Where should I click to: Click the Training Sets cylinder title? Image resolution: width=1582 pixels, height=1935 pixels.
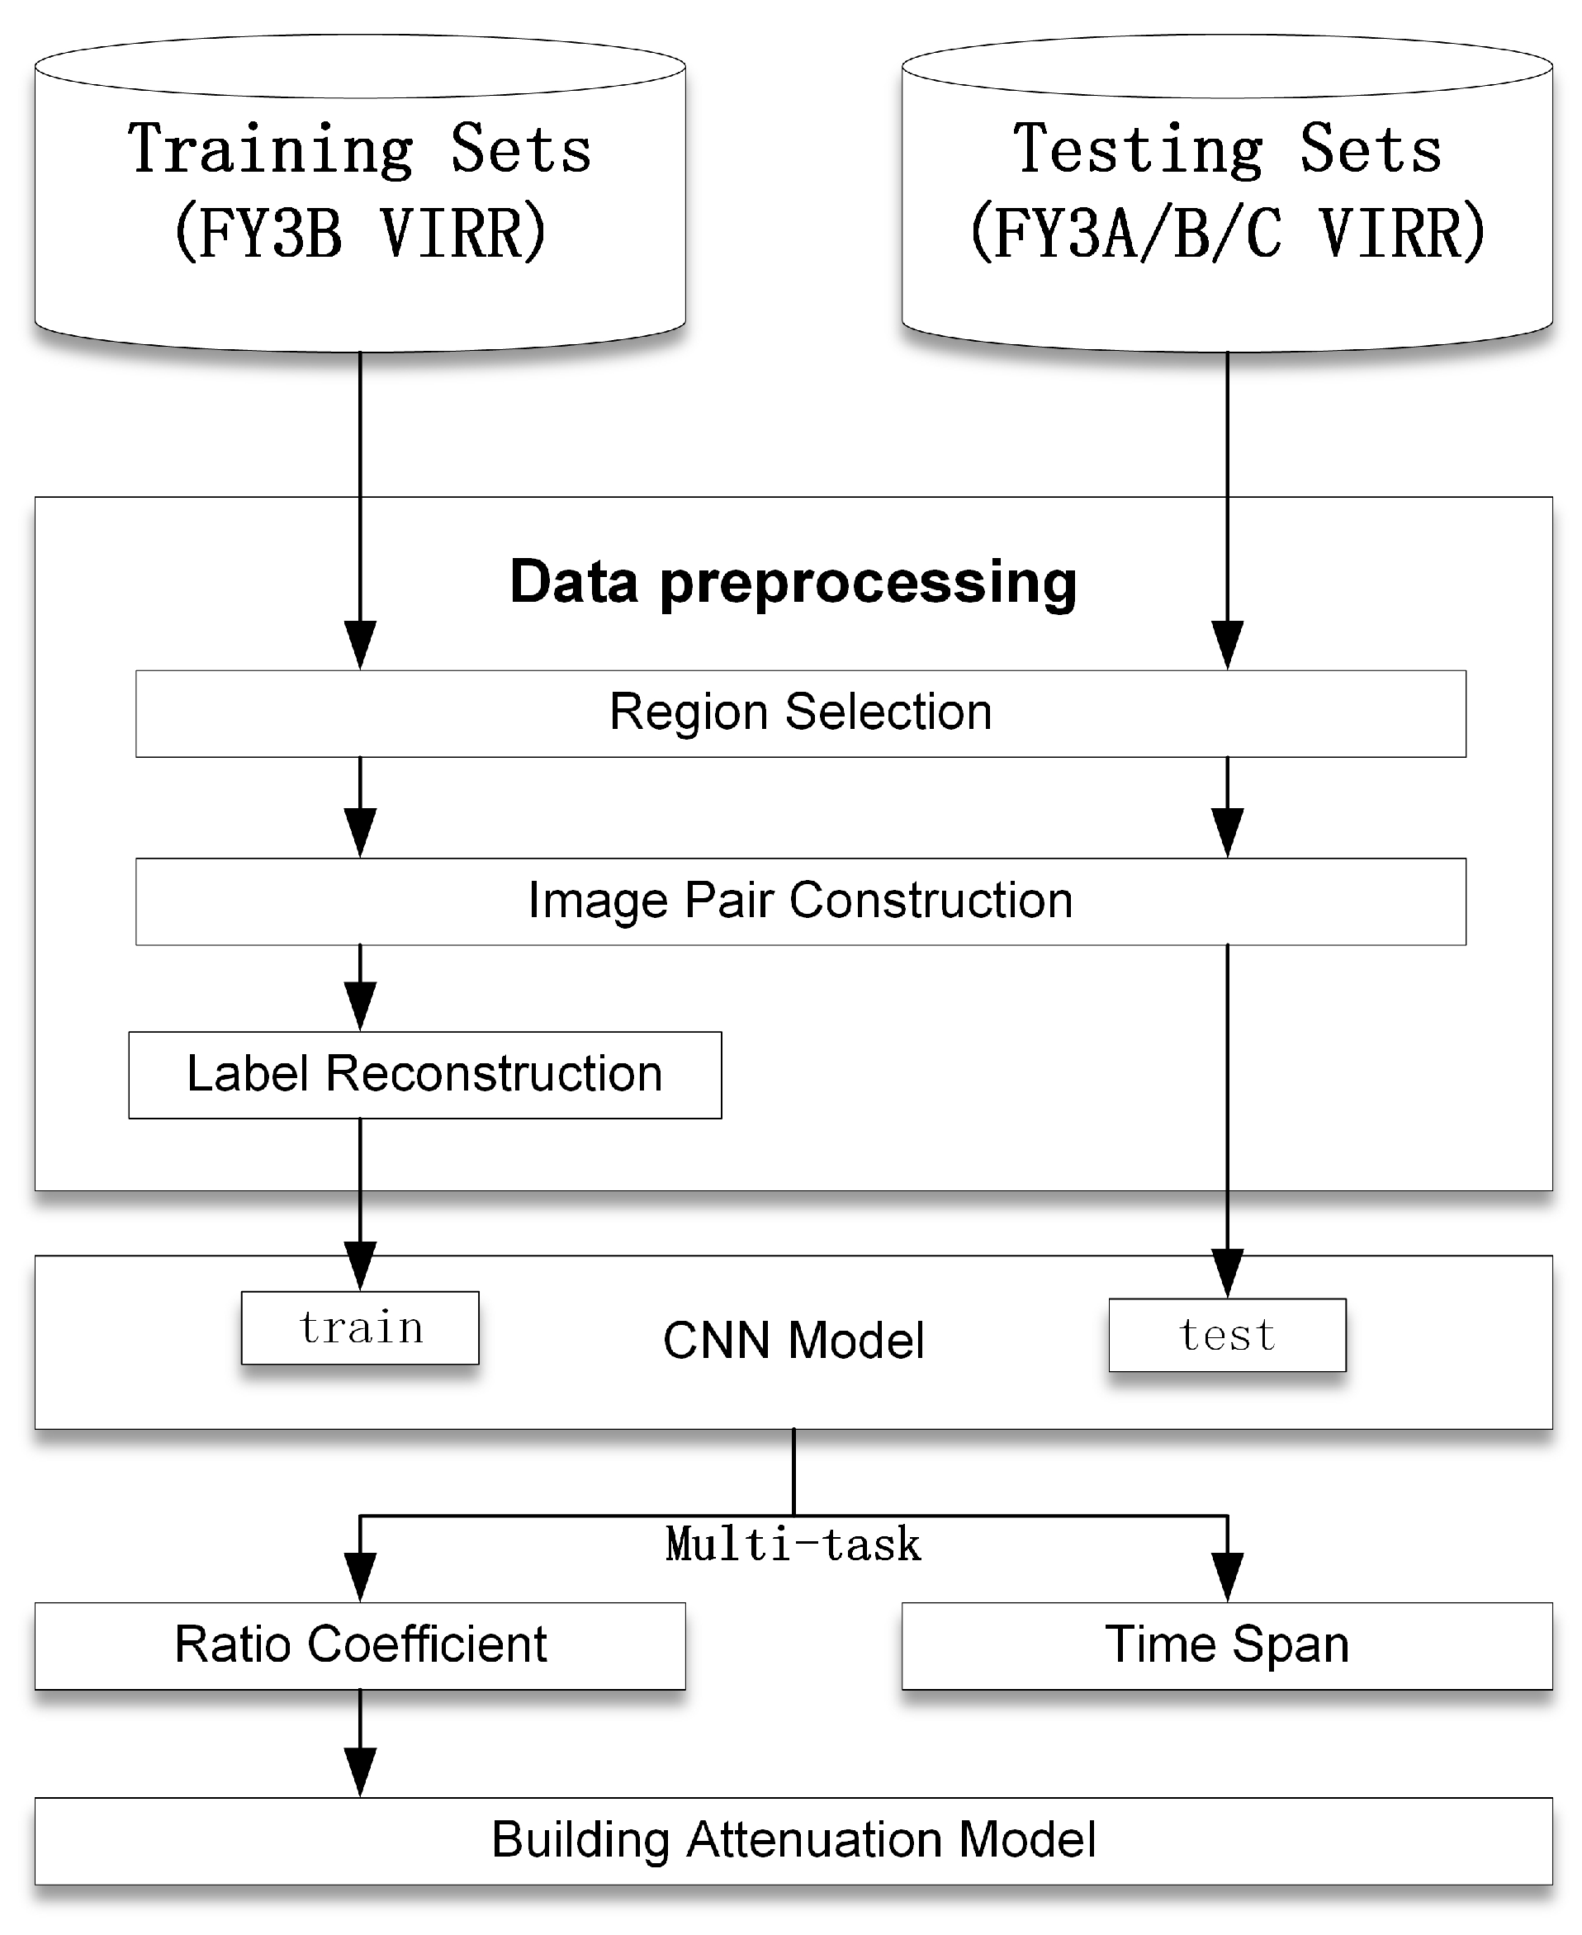[x=360, y=149]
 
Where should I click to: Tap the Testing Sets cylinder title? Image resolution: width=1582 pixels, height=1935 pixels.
[x=1227, y=149]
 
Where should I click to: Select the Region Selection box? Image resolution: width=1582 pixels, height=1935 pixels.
[x=800, y=713]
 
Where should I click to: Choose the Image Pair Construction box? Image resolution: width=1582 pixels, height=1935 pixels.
[x=800, y=901]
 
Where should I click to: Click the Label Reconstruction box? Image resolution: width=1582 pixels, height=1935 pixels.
[x=424, y=1074]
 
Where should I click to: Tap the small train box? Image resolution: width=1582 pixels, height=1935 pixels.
[x=360, y=1327]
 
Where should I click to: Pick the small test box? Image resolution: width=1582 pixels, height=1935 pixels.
[x=1227, y=1335]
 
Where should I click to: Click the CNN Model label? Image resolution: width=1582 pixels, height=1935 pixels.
[x=793, y=1340]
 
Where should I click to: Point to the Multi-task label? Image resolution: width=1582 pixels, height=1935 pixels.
[x=793, y=1545]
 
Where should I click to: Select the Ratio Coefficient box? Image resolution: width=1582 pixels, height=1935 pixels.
[x=360, y=1645]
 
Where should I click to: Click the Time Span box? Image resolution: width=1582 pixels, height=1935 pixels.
[x=1227, y=1645]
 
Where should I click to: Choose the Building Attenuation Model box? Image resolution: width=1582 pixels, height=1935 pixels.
[x=793, y=1840]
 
